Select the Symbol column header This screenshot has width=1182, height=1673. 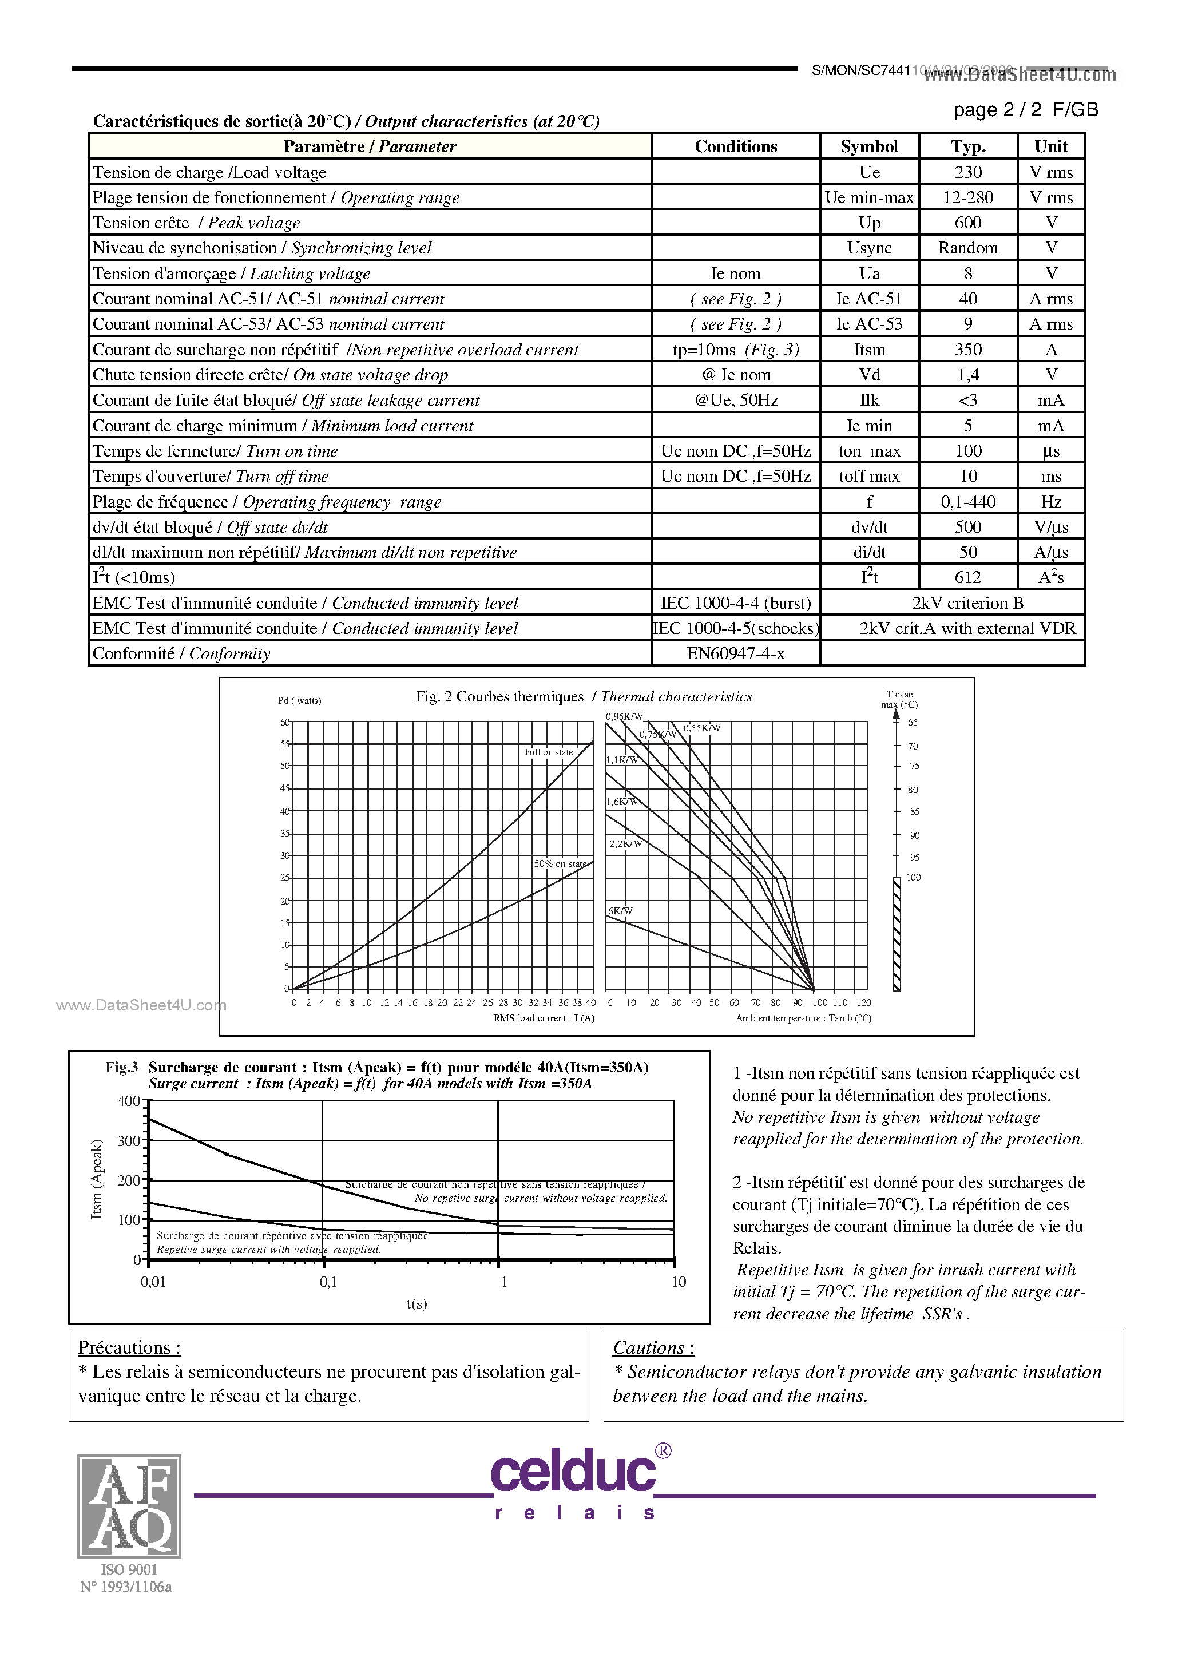tap(868, 146)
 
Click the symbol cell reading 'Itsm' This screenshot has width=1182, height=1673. tap(868, 350)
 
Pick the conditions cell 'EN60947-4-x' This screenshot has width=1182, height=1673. tap(735, 653)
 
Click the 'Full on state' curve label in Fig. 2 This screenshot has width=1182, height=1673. tap(549, 752)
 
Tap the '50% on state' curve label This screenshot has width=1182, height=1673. tap(560, 863)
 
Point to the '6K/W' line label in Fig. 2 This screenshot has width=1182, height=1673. tap(620, 911)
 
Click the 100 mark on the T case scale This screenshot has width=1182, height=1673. tap(913, 877)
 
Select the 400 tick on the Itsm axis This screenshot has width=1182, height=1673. tap(128, 1101)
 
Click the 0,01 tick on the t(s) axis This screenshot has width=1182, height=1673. tap(153, 1282)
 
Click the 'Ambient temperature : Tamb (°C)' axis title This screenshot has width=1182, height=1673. tap(803, 1018)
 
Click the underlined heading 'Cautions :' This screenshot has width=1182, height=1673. tap(653, 1347)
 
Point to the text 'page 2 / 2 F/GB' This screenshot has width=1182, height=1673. tap(1025, 110)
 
